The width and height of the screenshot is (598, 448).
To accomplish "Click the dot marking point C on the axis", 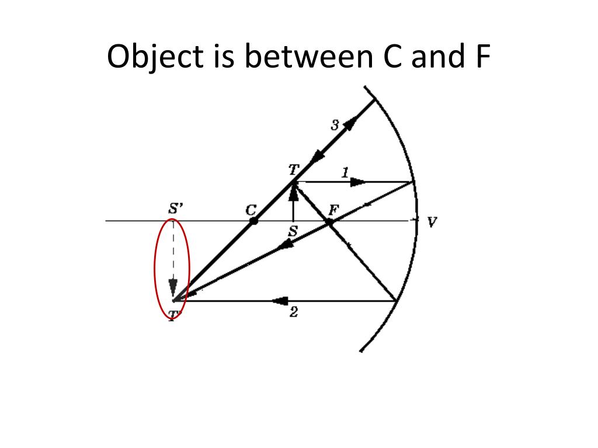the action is coord(253,222).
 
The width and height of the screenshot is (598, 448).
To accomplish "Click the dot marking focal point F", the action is coord(329,222).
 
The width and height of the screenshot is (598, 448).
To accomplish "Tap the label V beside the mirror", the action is coord(432,222).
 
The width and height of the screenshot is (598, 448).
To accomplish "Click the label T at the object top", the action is coord(293,169).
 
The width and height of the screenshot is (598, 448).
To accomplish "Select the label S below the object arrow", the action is coord(293,232).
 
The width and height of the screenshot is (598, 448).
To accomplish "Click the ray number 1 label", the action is coord(345,172).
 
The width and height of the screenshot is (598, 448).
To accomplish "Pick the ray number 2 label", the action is coord(294,313).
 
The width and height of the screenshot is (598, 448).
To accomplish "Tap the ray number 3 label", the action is coord(335,125).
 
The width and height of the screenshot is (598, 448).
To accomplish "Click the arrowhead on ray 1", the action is coord(358,182).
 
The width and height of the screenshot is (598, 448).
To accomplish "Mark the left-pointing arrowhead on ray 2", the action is coord(281,301).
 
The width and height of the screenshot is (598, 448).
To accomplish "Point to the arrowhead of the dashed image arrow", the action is coord(173,288).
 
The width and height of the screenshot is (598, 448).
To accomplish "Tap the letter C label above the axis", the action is coord(252,209).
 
